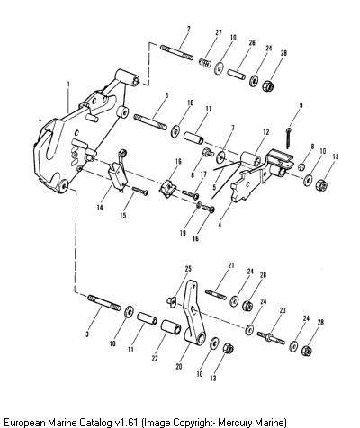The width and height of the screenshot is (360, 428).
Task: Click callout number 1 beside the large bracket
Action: (68, 85)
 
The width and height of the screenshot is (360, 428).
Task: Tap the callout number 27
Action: (219, 32)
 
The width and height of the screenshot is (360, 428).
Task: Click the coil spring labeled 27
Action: (205, 63)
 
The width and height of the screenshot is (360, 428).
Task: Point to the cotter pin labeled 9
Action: (289, 138)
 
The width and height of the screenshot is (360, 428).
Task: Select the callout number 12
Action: (266, 132)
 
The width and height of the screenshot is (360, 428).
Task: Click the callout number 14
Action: (100, 207)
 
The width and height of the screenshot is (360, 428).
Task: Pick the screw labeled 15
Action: (139, 191)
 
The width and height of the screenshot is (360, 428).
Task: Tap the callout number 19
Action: (183, 233)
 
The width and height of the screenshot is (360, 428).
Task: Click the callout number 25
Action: (188, 269)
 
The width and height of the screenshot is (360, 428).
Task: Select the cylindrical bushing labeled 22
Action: (171, 327)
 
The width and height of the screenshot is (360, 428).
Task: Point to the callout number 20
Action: (179, 366)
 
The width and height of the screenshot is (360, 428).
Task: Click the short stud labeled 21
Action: (216, 294)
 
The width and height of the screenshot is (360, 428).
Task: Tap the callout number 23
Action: (283, 310)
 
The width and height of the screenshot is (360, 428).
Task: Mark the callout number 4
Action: (220, 225)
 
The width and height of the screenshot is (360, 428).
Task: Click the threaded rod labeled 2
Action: (176, 52)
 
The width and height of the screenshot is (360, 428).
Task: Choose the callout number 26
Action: (252, 42)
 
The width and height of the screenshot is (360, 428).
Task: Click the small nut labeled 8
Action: (302, 166)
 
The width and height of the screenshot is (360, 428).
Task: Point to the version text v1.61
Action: (127, 423)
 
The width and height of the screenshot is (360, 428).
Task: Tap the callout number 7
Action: (233, 129)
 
